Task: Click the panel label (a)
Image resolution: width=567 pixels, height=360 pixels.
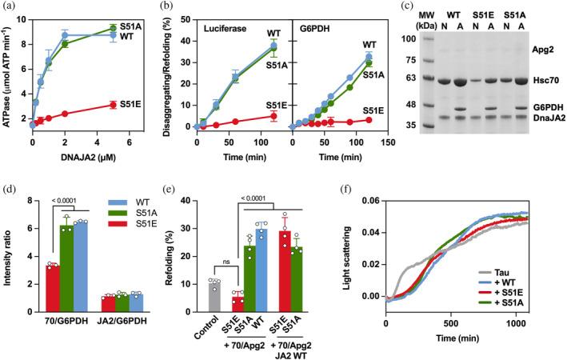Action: (12, 6)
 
